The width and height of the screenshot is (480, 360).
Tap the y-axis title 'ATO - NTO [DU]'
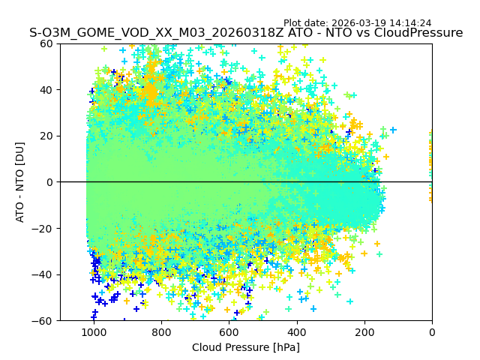tap(21, 182)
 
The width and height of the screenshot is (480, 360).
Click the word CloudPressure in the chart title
tap(416, 33)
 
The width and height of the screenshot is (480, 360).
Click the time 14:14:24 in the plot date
tap(410, 23)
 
